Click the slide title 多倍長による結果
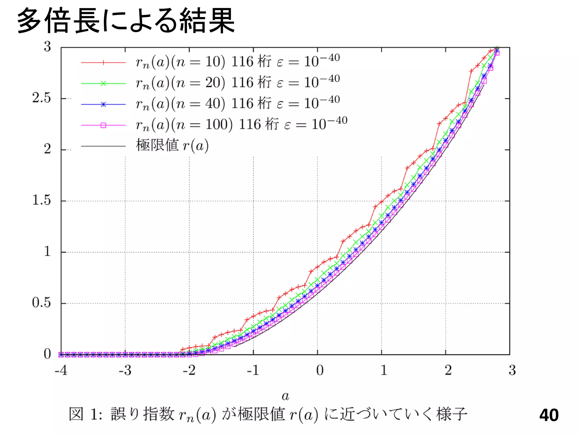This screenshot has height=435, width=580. pos(126,20)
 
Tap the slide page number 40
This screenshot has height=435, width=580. pos(549,415)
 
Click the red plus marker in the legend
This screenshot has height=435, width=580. pos(103,63)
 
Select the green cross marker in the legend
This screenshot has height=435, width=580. pos(103,84)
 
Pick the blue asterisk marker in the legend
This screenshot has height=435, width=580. pos(103,105)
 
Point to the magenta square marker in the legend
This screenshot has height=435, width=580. pos(103,125)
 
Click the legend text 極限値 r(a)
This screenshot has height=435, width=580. pos(172,146)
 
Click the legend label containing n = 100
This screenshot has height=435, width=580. pos(241,125)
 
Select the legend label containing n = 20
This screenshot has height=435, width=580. pos(238,83)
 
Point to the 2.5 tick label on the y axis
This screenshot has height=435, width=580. pos(41,98)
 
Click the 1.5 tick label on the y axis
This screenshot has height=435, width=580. pos(41,201)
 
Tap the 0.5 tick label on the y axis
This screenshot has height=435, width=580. pos(41,303)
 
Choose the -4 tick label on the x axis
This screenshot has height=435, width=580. pos(61,370)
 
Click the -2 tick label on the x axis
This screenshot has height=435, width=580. pos(189,370)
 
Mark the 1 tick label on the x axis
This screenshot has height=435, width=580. pos(384,370)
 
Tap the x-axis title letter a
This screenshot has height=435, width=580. pos(285,396)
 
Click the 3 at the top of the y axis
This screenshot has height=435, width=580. pos(47,47)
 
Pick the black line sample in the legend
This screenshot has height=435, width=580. pos(103,146)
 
